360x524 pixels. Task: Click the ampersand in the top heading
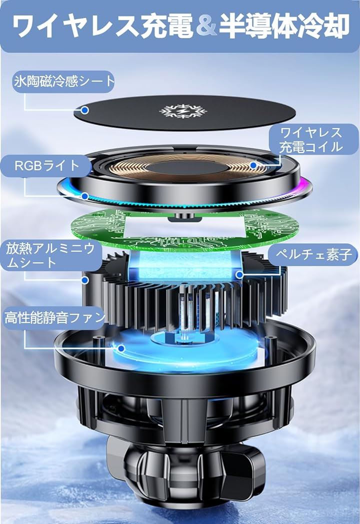207,27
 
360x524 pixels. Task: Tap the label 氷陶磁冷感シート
64,81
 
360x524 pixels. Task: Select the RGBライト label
46,166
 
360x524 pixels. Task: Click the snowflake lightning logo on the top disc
183,111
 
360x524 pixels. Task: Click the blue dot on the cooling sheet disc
85,110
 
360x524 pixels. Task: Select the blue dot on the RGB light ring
85,196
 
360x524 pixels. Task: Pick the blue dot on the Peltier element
239,275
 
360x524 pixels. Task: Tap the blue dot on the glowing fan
121,348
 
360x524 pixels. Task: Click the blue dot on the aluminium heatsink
85,280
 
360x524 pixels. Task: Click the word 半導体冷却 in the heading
284,27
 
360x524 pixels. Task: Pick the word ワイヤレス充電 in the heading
103,27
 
